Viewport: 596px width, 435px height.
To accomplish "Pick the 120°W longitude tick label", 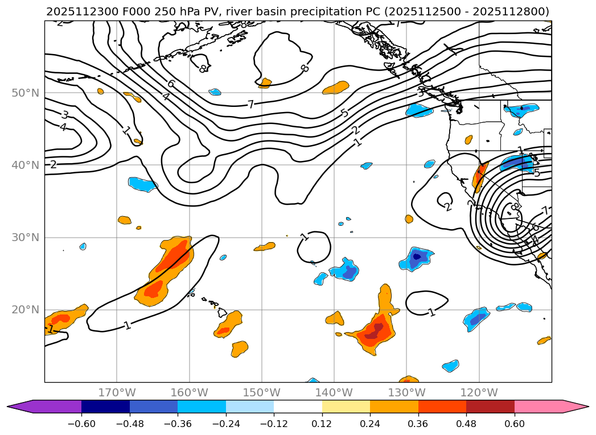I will [x=479, y=392].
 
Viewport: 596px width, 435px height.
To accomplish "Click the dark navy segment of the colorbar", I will [x=105, y=407].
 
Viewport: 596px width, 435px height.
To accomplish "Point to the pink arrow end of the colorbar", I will [x=575, y=407].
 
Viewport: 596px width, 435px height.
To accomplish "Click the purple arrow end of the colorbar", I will [x=20, y=407].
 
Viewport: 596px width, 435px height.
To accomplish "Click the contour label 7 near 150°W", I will [x=250, y=105].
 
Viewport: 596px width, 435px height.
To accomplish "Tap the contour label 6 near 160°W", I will [x=171, y=84].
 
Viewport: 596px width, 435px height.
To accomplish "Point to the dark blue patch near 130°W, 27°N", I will [x=417, y=256].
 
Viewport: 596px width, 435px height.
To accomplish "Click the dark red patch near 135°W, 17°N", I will [x=371, y=335].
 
